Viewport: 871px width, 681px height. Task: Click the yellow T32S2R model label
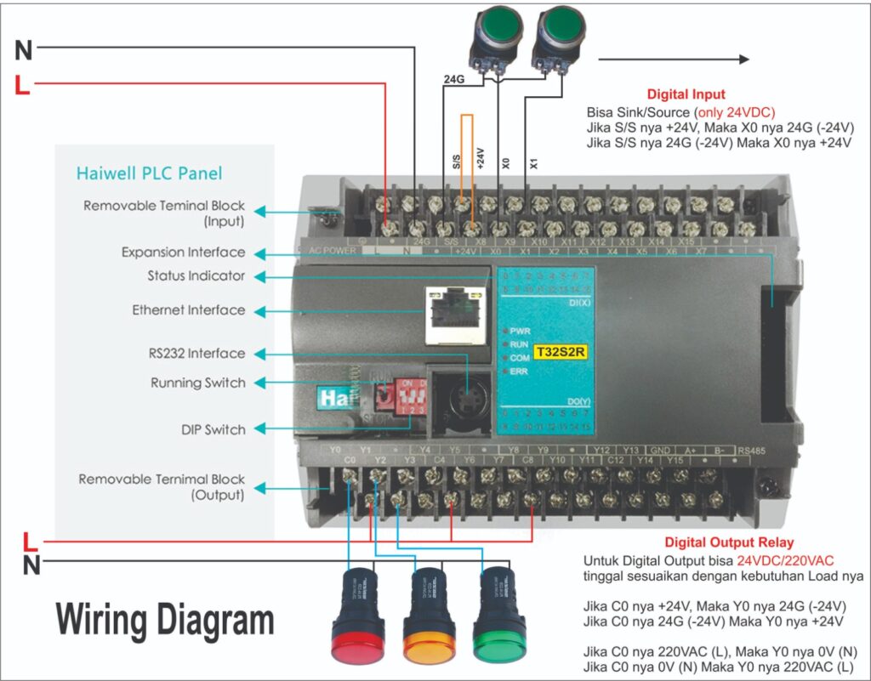pyautogui.click(x=559, y=350)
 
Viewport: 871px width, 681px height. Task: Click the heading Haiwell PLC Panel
pyautogui.click(x=149, y=173)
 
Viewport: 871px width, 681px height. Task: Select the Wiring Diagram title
pyautogui.click(x=165, y=620)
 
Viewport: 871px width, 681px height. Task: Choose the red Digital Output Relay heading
pyautogui.click(x=729, y=542)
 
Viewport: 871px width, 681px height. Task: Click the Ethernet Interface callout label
pyautogui.click(x=188, y=310)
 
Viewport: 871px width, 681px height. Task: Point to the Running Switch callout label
pyautogui.click(x=197, y=383)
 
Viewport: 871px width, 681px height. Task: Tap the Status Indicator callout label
pyautogui.click(x=196, y=276)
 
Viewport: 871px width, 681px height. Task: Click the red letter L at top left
pyautogui.click(x=23, y=85)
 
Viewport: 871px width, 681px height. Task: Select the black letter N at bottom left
pyautogui.click(x=31, y=565)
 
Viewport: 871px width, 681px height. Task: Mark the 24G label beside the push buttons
pyautogui.click(x=454, y=79)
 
